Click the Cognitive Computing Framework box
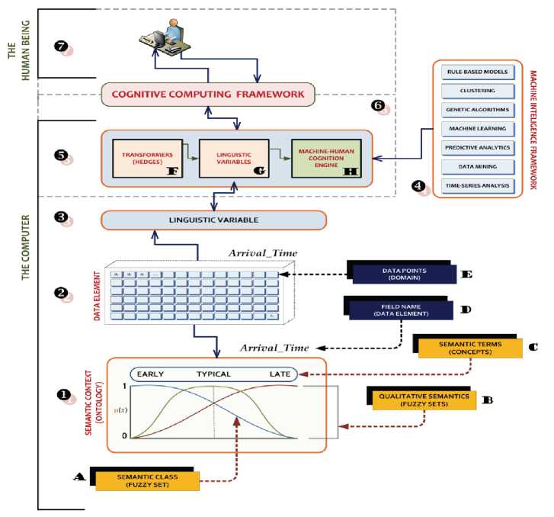[209, 95]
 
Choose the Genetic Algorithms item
[478, 110]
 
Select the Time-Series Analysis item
[478, 185]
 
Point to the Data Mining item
[478, 166]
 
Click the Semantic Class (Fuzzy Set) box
[147, 480]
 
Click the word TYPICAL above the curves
[213, 374]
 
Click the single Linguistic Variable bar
[213, 220]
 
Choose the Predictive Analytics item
[478, 147]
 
